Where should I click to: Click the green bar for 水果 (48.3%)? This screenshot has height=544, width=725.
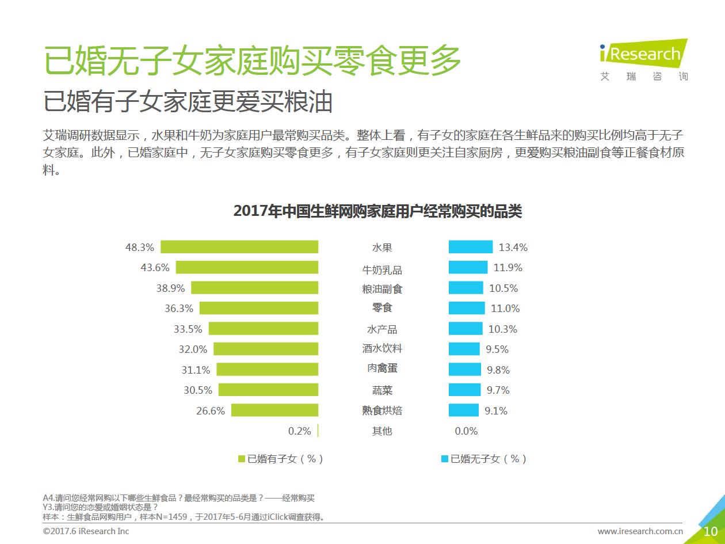pos(239,247)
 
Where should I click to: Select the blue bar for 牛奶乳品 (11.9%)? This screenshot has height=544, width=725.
pos(468,268)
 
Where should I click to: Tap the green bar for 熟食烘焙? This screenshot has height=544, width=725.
pos(274,410)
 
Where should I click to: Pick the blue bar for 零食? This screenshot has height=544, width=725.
pos(467,309)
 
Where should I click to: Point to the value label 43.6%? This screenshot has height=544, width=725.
pos(155,268)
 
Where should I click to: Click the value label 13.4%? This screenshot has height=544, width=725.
pos(513,248)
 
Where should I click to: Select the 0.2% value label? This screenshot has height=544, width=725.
pos(299,431)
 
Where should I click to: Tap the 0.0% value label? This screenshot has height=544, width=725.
pos(466,431)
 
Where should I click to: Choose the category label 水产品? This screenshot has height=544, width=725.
pos(382,329)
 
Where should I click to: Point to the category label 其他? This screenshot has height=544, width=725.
pos(382,431)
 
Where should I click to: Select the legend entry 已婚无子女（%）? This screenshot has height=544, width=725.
pos(484,459)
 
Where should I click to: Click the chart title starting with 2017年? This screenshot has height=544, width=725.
pos(377,211)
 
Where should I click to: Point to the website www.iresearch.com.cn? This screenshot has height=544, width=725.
pos(640,531)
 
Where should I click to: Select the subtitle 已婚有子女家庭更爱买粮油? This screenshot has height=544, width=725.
pos(189,102)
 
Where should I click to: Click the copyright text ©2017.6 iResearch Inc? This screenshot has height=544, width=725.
pos(86,531)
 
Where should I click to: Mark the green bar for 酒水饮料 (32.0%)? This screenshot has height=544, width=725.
pos(266,349)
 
